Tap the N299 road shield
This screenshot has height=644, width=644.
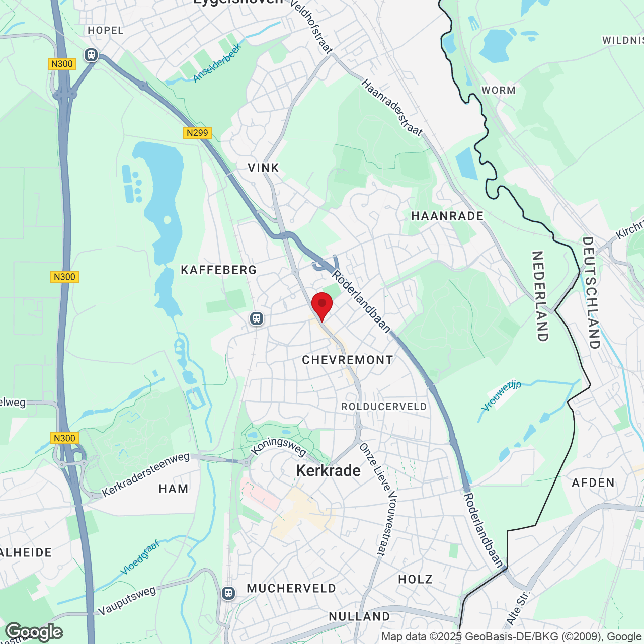197,133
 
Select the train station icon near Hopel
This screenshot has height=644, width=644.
91,54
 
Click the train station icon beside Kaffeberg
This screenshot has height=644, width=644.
257,318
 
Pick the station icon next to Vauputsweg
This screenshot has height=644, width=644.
228,593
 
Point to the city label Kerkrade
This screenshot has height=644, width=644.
328,470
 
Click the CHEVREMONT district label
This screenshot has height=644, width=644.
347,360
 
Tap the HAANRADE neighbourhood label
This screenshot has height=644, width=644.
447,216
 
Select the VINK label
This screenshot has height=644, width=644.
263,168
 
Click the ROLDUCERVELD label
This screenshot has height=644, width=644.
384,407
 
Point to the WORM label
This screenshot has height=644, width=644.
498,90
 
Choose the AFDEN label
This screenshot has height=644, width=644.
593,483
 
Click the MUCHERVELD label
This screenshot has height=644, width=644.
291,588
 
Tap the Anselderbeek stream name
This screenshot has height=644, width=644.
217,63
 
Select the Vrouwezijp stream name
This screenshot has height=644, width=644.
501,395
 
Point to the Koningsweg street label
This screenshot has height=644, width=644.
279,447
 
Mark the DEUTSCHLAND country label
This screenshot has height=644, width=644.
591,293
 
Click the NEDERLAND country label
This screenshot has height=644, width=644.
540,296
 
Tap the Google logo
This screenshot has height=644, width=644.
34,632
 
